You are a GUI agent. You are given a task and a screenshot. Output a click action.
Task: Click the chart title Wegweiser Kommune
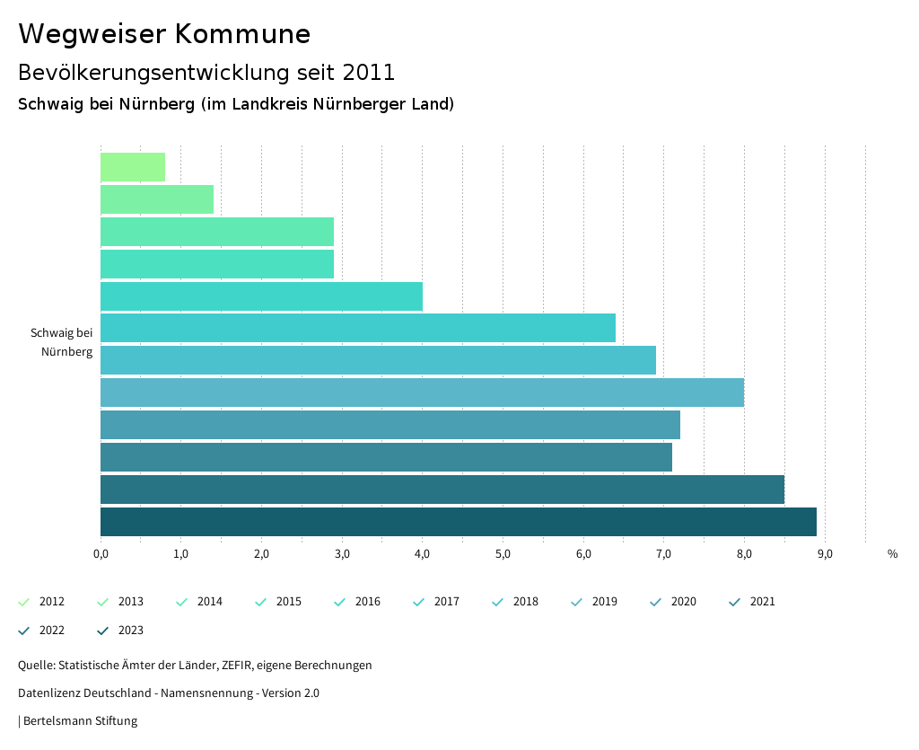point(164,34)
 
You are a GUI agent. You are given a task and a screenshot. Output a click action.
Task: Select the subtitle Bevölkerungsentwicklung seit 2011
point(206,72)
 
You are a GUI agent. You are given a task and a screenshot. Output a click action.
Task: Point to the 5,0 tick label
point(503,554)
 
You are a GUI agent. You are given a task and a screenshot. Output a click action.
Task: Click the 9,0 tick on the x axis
point(825,554)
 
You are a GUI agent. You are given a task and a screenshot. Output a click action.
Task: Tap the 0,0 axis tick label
point(101,554)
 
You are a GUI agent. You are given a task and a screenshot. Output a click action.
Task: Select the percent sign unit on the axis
point(892,554)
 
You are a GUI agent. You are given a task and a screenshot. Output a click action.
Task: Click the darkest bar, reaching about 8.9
point(458,522)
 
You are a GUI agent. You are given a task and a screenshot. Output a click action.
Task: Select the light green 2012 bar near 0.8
point(133,167)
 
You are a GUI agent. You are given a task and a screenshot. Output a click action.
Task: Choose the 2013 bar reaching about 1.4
point(157,199)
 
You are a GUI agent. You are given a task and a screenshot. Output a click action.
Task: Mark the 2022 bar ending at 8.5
point(442,490)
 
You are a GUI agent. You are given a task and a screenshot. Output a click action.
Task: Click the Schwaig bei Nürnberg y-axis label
point(61,342)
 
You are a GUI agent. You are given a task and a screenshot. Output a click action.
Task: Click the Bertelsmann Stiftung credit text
point(80,721)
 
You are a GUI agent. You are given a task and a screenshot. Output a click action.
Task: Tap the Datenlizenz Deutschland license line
point(169,693)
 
